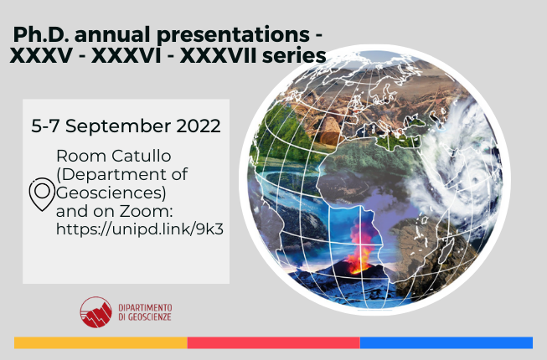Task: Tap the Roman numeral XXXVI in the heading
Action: coord(126,56)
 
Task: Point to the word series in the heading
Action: coord(294,56)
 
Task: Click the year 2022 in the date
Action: coord(199,126)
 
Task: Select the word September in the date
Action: coord(118,126)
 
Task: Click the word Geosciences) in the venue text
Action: coord(111,193)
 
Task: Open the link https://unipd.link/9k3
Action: coord(140,229)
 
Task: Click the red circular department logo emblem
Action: coord(95,312)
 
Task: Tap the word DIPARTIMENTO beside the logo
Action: coord(145,308)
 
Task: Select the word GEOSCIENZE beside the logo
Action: coord(150,316)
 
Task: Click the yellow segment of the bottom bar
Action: coord(101,342)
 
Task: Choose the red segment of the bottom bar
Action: coord(273,342)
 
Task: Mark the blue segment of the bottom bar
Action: coord(446,342)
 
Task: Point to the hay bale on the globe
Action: coord(330,131)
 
